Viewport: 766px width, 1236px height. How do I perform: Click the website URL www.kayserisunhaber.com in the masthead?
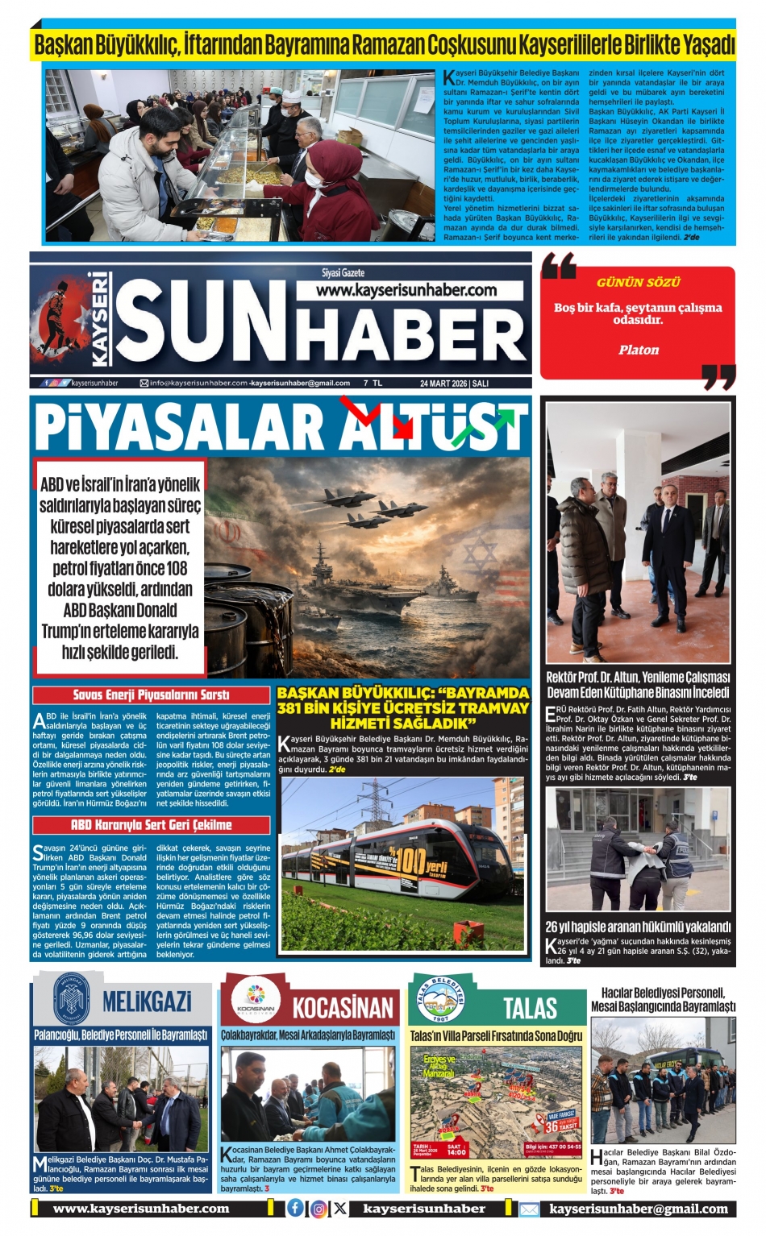coord(406,290)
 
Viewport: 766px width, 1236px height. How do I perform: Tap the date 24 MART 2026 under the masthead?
coord(443,384)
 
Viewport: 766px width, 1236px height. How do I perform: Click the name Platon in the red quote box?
coord(639,350)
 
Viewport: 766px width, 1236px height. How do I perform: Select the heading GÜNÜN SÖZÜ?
coord(639,282)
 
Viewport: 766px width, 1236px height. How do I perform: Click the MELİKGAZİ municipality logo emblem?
coord(71,1000)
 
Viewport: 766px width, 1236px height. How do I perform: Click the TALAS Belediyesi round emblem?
coord(439,1001)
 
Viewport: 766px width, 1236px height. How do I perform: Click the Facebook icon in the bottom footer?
coord(296,1208)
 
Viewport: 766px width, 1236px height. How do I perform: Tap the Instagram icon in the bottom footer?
coord(318,1208)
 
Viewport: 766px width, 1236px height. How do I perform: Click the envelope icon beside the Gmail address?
coord(529,1209)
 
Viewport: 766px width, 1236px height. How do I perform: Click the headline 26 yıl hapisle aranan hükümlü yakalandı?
coord(638,927)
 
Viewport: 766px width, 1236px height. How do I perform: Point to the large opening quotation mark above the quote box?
coord(559,265)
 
